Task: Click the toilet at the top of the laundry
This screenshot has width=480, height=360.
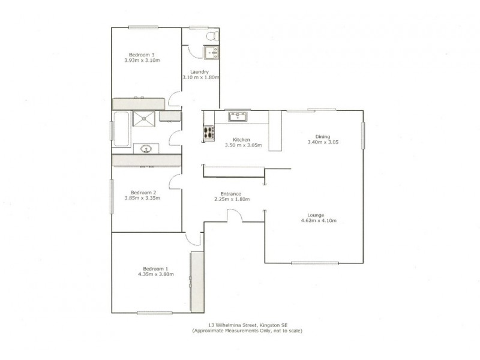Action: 209,37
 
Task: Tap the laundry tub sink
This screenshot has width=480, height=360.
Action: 211,54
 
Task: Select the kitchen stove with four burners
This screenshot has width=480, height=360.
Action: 209,133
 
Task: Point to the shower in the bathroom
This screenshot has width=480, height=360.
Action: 144,118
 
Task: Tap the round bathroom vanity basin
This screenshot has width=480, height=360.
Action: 146,148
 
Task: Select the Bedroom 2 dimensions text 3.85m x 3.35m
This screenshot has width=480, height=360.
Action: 142,198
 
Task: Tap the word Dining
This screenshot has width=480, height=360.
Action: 314,136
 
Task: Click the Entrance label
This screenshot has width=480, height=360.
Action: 230,193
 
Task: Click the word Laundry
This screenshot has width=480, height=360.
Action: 200,72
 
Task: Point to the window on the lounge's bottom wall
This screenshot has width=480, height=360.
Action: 314,263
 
